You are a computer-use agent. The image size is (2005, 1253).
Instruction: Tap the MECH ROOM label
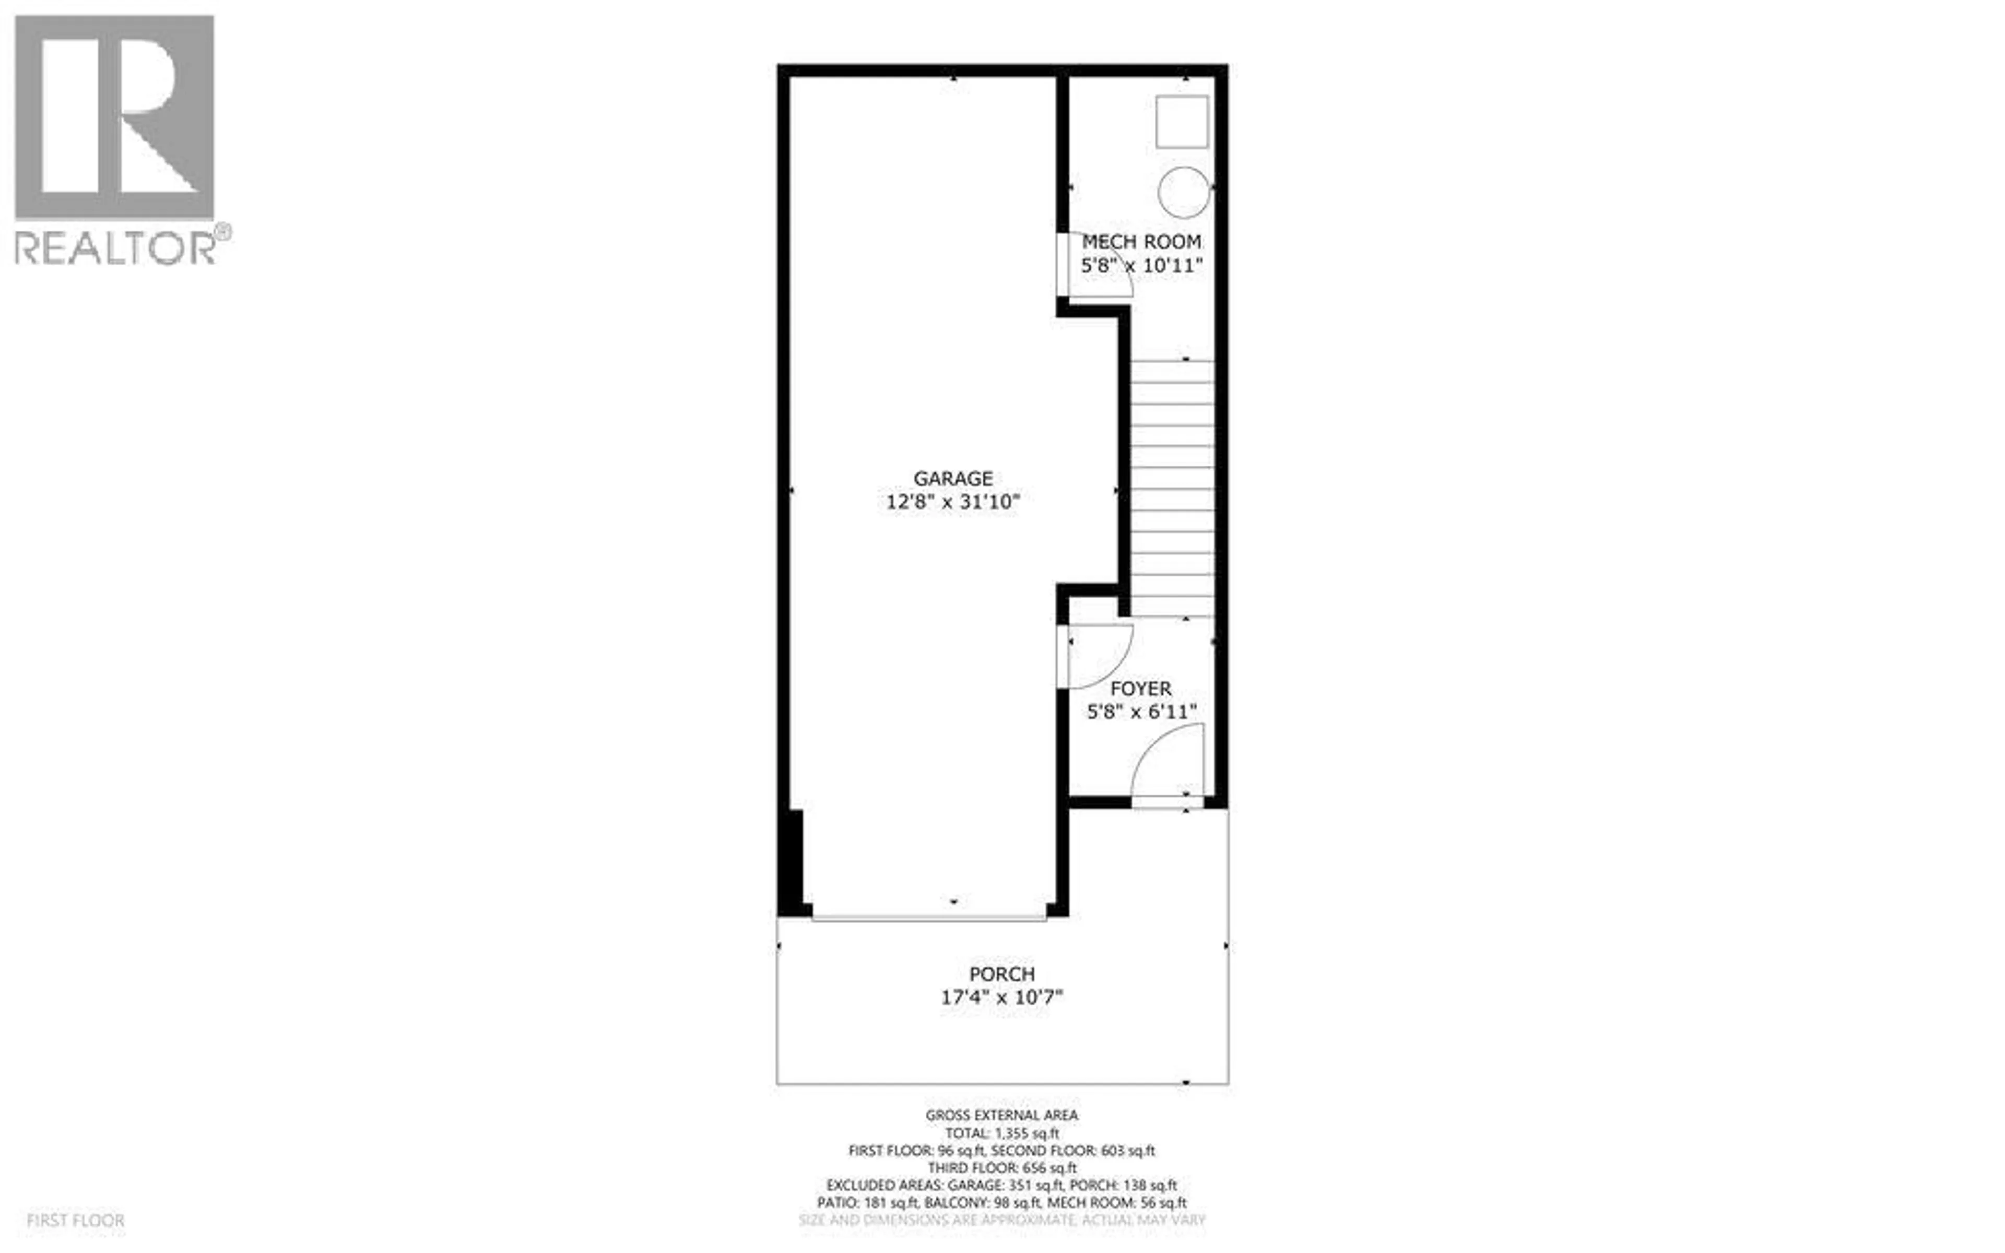pyautogui.click(x=1141, y=242)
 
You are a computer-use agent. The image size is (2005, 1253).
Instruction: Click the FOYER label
pyautogui.click(x=1141, y=689)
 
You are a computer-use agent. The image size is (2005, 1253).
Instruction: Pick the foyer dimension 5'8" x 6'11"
pyautogui.click(x=1141, y=712)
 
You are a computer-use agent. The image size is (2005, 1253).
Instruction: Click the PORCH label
pyautogui.click(x=1001, y=974)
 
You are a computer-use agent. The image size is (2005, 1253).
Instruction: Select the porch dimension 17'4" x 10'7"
pyautogui.click(x=1001, y=997)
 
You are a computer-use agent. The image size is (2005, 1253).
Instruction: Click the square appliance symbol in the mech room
pyautogui.click(x=1182, y=122)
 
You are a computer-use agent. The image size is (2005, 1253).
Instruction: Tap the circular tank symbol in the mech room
pyautogui.click(x=1183, y=192)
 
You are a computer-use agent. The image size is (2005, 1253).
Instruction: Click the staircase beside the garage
pyautogui.click(x=1172, y=489)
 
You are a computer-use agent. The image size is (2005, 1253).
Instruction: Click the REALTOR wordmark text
pyautogui.click(x=116, y=248)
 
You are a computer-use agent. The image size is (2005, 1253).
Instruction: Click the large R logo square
pyautogui.click(x=114, y=117)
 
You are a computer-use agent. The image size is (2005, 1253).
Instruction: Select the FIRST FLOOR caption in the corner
pyautogui.click(x=75, y=1221)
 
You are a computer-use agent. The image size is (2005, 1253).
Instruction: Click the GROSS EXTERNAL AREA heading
pyautogui.click(x=1001, y=1116)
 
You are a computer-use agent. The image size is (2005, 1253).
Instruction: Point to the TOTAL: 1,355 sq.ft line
pyautogui.click(x=1001, y=1133)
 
